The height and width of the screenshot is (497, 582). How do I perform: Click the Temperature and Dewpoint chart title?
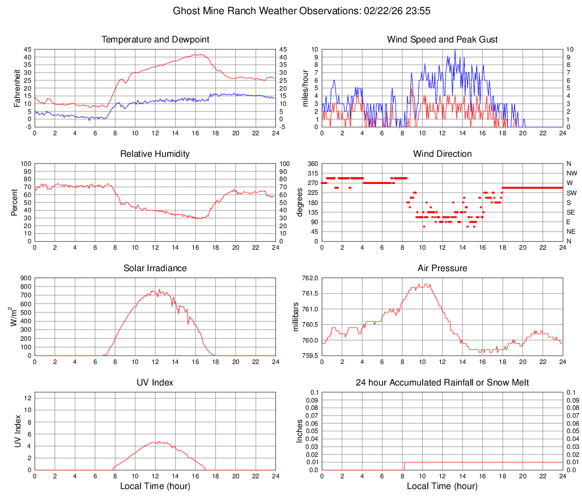155,40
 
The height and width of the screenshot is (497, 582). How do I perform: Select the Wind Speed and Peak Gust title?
442,40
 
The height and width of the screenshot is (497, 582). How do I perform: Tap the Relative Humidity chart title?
155,154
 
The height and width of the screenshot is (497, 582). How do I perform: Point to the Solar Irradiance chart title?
155,268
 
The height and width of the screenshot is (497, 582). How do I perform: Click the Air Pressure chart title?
442,268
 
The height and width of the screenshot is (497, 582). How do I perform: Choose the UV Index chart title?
155,383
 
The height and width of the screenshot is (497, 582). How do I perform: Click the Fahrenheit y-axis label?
18,88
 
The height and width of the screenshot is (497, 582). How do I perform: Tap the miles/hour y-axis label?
305,88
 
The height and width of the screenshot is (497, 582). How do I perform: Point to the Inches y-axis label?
301,431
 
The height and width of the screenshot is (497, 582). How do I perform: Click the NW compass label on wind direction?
572,173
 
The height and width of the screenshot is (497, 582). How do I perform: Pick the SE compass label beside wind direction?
571,212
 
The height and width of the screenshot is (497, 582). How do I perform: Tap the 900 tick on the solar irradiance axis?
24,279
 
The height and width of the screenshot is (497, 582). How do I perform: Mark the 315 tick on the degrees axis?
312,173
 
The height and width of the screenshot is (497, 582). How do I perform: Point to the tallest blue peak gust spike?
454,50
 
